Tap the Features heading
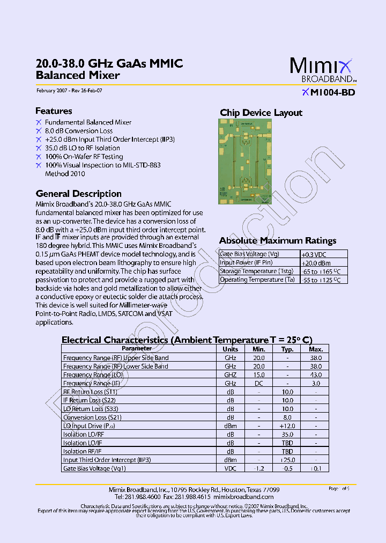pos(54,111)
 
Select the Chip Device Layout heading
pos(261,113)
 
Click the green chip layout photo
pos(246,162)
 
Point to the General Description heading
pos(78,194)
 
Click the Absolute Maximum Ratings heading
pos(278,240)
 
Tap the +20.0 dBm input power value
pos(316,263)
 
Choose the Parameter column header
pos(137,349)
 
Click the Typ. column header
pos(287,349)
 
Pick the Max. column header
pos(316,349)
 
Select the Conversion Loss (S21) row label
pos(89,417)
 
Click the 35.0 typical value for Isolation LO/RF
pos(287,435)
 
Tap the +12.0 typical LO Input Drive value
pos(287,426)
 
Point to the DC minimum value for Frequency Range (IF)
pos(259,384)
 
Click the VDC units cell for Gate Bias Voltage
pos(230,468)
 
